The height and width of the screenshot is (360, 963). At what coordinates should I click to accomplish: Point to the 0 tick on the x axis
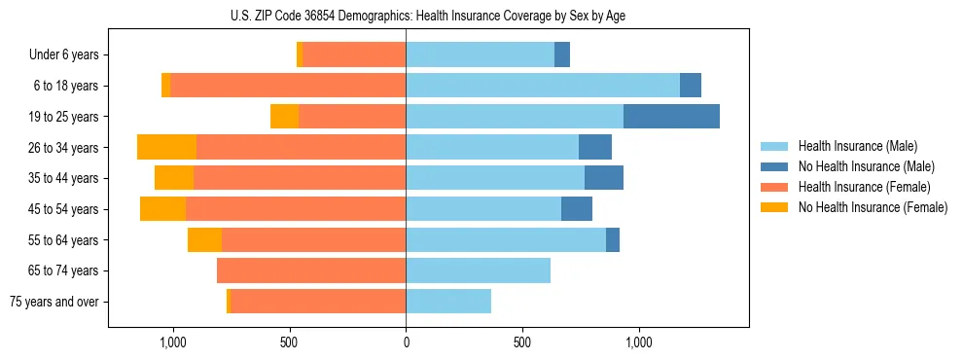point(406,343)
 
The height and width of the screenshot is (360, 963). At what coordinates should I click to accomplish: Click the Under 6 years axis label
point(63,55)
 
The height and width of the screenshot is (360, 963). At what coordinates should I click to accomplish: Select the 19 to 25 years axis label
point(63,117)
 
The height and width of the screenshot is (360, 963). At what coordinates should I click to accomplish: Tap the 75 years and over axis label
point(54,302)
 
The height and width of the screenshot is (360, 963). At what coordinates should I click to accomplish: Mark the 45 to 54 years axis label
point(63,209)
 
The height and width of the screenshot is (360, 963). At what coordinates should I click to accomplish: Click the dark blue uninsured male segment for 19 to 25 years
point(671,117)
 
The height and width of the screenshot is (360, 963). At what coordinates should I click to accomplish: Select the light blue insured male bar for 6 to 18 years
point(542,86)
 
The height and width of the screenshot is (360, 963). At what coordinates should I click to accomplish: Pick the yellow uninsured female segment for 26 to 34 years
point(166,148)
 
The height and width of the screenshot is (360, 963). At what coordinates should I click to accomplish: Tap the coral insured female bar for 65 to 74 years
point(311,270)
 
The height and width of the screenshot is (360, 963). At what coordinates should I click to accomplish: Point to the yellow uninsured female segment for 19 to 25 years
point(284,117)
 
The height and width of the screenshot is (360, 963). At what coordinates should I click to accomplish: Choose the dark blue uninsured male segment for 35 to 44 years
point(604,178)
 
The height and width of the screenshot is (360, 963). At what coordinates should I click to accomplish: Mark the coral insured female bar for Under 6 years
point(354,55)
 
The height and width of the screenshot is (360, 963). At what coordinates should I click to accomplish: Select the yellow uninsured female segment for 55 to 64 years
point(204,240)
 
